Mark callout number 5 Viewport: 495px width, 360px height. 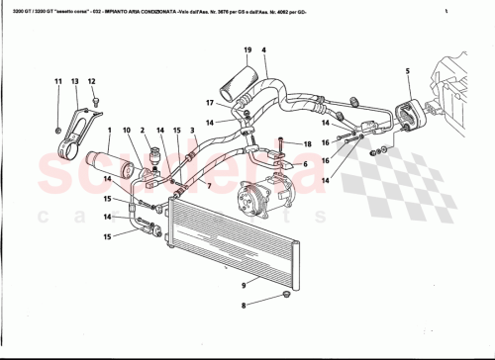tap(407, 70)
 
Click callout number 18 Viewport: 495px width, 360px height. tap(308, 144)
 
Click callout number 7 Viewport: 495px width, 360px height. tap(208, 184)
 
